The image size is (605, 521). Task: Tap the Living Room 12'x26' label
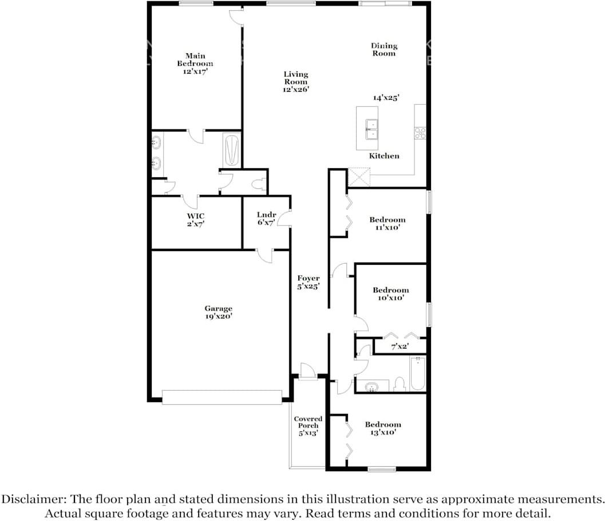[x=296, y=82]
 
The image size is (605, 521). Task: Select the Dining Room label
[x=384, y=50]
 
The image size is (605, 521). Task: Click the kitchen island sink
[x=371, y=129]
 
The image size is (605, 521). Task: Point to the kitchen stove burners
[x=420, y=133]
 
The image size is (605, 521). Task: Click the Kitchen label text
[x=384, y=156]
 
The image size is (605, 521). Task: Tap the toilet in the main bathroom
[x=260, y=184]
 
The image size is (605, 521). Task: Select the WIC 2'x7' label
[x=196, y=220]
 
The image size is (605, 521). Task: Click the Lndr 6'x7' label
[x=266, y=218]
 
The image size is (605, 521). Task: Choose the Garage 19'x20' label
[x=219, y=312]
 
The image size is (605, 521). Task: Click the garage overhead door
[x=222, y=397]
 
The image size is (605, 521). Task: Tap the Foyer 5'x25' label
[x=309, y=283]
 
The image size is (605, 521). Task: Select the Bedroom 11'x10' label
[x=387, y=224]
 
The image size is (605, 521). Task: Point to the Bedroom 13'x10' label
[x=383, y=428]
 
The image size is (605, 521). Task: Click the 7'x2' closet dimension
[x=400, y=347]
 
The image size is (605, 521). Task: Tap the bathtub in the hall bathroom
[x=418, y=373]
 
